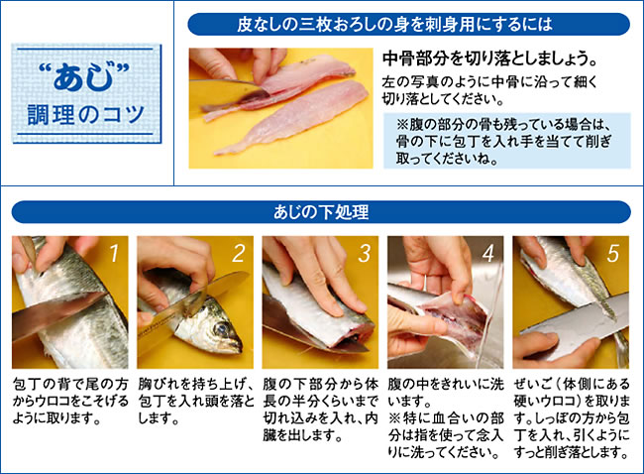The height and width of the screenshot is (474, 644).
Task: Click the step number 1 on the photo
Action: click(x=114, y=253)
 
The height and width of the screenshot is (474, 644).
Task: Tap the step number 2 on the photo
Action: click(x=239, y=253)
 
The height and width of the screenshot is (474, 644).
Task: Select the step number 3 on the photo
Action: click(x=365, y=253)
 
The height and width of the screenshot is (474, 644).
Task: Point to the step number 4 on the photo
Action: click(x=488, y=253)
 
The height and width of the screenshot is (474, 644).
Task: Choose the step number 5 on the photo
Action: click(x=613, y=253)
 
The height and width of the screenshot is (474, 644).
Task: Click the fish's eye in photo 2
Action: click(x=222, y=329)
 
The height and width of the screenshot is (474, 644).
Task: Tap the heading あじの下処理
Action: click(x=321, y=212)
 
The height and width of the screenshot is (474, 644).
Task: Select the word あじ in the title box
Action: click(x=84, y=76)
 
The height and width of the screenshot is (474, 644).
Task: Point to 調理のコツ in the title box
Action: click(x=86, y=115)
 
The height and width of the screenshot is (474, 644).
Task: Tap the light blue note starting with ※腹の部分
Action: click(x=507, y=141)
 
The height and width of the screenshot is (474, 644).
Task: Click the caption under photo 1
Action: click(x=70, y=401)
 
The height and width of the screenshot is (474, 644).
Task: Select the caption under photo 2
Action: click(x=196, y=401)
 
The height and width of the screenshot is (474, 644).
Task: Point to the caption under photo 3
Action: click(x=320, y=410)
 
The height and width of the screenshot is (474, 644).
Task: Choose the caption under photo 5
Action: click(x=572, y=418)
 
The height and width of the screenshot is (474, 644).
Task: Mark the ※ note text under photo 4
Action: click(x=446, y=435)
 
